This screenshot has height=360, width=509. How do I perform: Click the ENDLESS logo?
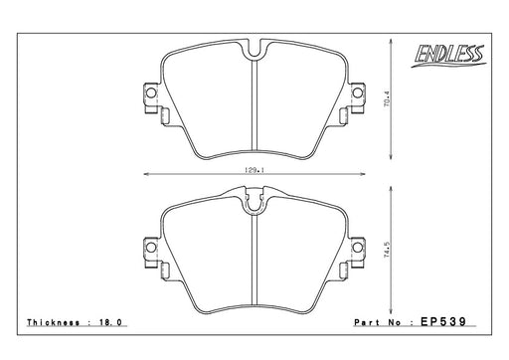coord(449,56)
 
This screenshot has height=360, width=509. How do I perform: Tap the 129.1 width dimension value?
coord(254,170)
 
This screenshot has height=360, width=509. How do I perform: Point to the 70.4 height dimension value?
coord(388,98)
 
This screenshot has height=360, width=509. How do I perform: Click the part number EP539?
coord(443,321)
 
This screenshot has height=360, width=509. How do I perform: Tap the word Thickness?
coord(54,322)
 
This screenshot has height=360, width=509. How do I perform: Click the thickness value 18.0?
coord(110,322)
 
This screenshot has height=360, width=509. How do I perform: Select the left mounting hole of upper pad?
coord(151,93)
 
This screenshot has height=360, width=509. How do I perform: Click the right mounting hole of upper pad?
coord(357,93)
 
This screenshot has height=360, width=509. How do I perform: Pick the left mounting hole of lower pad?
coord(151,248)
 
